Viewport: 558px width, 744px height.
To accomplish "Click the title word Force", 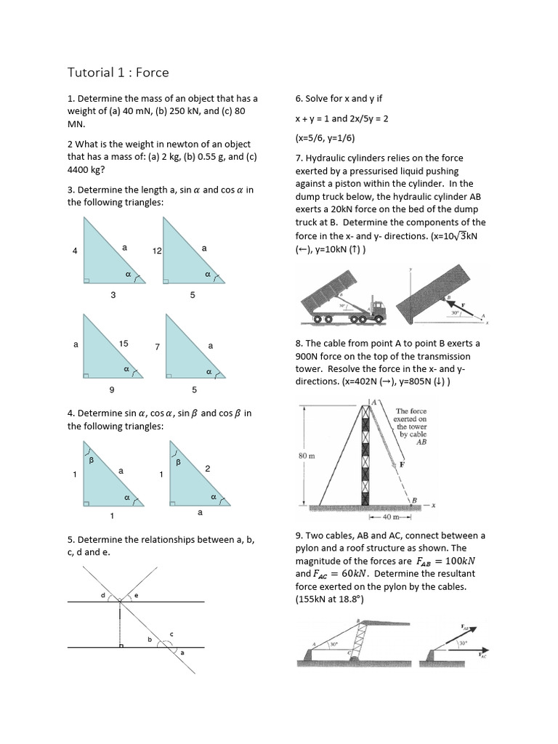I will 152,72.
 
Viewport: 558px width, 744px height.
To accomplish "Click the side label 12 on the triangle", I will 156,251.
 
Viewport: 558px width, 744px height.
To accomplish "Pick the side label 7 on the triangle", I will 157,347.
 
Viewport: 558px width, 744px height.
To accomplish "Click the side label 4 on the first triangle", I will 75,251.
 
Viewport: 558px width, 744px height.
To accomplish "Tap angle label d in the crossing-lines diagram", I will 102,595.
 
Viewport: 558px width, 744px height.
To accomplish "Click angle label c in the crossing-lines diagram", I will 171,634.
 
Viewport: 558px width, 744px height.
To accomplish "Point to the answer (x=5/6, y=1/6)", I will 325,138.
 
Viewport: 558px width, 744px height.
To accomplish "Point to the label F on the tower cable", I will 401,463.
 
